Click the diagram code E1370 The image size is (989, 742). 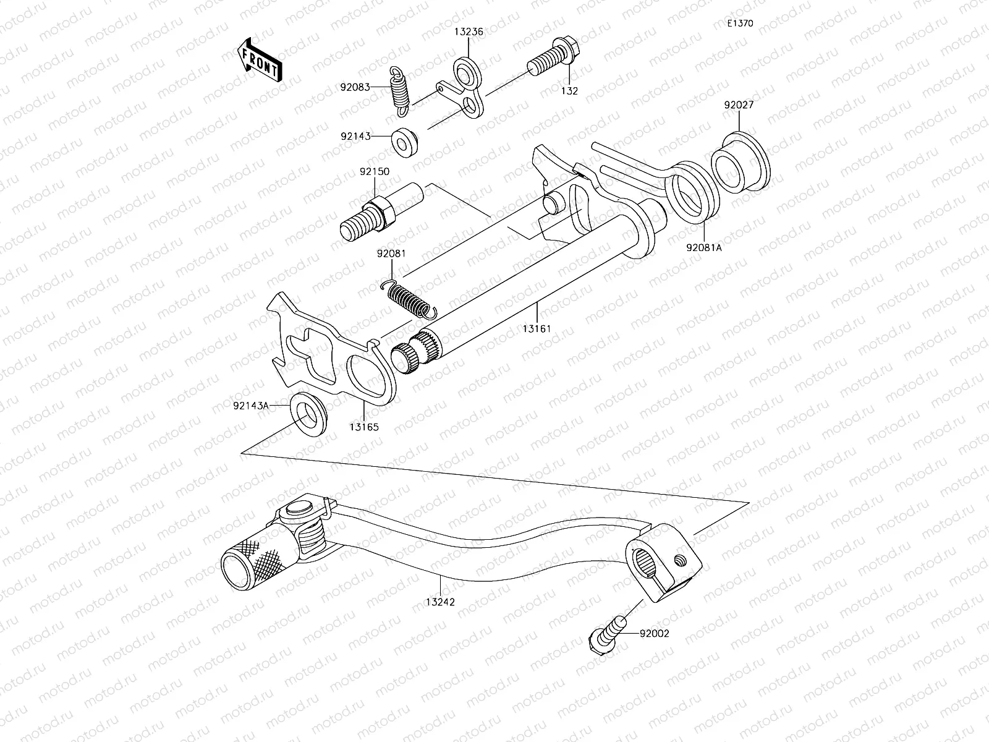pyautogui.click(x=740, y=23)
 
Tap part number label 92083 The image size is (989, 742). pyautogui.click(x=354, y=88)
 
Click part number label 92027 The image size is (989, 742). pyautogui.click(x=738, y=105)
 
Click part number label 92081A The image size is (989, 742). pyautogui.click(x=703, y=247)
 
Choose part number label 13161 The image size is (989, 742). pyautogui.click(x=535, y=328)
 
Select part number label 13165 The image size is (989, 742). pyautogui.click(x=363, y=427)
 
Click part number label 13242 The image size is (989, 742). pyautogui.click(x=439, y=601)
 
